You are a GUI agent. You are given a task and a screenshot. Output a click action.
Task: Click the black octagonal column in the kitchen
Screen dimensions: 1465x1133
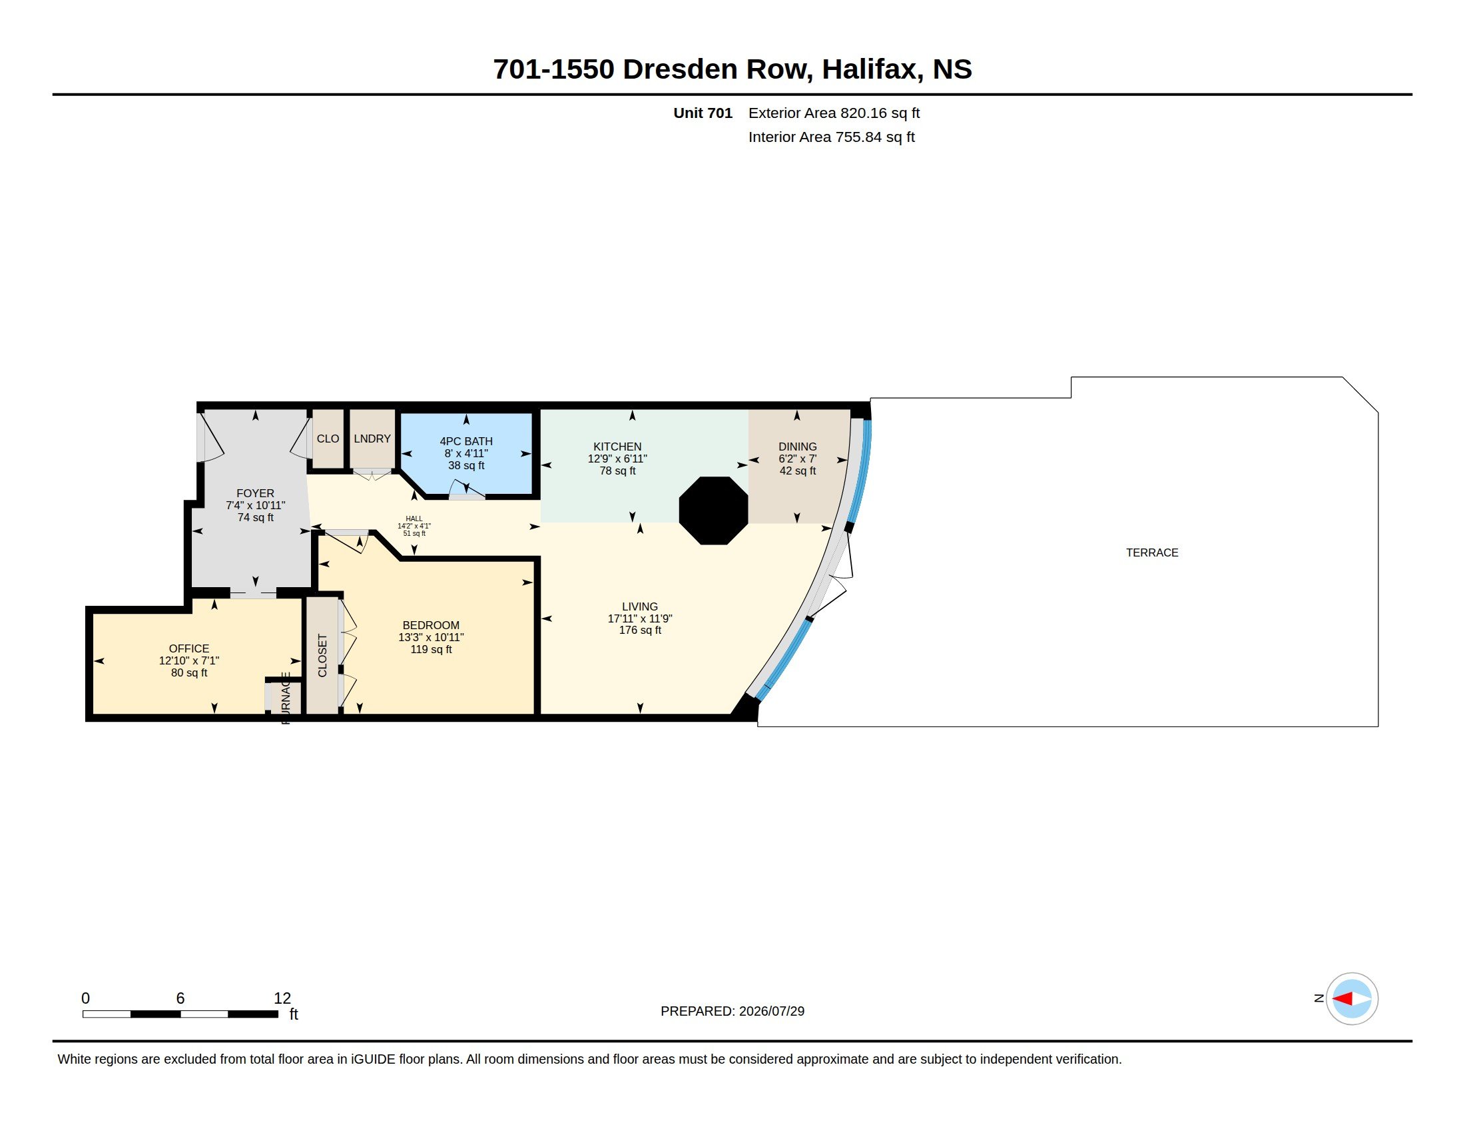click(x=713, y=510)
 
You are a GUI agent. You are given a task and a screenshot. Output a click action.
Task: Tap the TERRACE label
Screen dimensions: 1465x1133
click(x=1152, y=553)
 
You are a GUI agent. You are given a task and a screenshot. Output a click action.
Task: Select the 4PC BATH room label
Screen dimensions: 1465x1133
click(x=466, y=441)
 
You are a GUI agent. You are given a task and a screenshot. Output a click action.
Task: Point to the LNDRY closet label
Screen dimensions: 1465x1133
click(x=372, y=439)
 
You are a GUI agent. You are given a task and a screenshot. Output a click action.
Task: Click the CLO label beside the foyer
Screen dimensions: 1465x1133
click(x=328, y=439)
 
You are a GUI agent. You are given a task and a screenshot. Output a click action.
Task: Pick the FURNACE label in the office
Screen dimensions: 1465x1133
click(x=286, y=697)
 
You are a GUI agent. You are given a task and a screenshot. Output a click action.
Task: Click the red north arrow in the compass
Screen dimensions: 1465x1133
click(x=1342, y=998)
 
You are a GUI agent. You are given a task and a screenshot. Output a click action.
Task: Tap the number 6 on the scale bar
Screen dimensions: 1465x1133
click(x=180, y=998)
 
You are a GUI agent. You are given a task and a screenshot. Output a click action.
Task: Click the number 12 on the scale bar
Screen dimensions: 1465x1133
click(x=282, y=998)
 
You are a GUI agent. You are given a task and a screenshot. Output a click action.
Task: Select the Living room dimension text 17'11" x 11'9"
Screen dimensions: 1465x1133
click(x=640, y=618)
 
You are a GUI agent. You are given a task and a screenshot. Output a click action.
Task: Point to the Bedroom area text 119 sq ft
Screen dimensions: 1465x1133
click(x=432, y=649)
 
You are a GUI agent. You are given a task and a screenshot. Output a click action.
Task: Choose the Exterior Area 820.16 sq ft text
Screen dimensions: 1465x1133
click(x=834, y=113)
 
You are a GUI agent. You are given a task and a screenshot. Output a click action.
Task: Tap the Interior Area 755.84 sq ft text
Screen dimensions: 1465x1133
click(x=832, y=137)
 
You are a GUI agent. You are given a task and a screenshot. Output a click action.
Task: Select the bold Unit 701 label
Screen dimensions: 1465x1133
click(x=703, y=113)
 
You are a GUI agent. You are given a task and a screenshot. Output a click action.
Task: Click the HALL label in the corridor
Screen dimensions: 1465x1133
click(x=415, y=518)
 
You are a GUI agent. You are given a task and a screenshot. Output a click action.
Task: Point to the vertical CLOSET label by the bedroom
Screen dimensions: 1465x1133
click(x=322, y=655)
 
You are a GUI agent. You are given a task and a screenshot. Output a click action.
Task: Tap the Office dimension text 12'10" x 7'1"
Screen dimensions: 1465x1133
click(x=189, y=660)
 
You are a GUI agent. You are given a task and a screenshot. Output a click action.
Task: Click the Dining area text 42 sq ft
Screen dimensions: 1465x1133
click(x=798, y=471)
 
